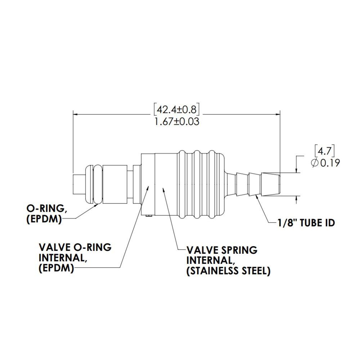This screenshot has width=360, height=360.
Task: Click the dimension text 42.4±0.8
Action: tap(177, 109)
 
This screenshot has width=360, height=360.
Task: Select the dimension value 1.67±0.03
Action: tap(177, 121)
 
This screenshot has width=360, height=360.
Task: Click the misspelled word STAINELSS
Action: tap(212, 271)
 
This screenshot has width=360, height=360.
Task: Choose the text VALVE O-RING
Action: tap(75, 248)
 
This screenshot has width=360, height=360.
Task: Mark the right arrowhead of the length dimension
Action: tap(278, 114)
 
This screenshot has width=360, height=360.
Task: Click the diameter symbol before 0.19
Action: tap(314, 163)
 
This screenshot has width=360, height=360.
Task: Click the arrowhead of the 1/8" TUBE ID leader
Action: tap(256, 196)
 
